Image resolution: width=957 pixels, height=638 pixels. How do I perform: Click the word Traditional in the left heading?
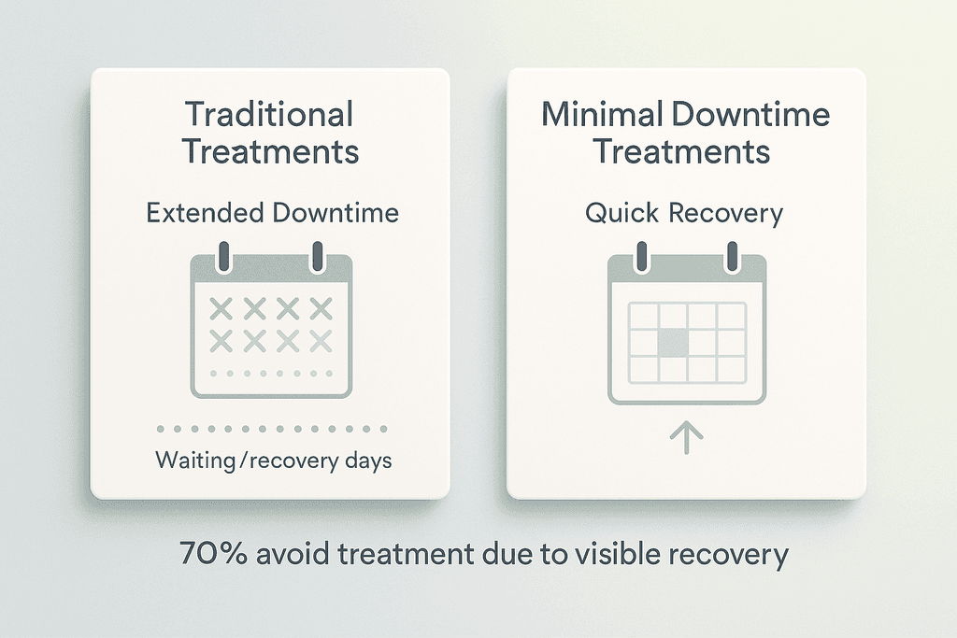[268, 114]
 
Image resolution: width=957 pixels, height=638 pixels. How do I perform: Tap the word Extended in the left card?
[205, 213]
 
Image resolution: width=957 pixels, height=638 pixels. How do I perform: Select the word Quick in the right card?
[621, 214]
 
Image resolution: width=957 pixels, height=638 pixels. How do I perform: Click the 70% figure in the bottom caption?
[214, 554]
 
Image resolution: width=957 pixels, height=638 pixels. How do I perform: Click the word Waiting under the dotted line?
[195, 460]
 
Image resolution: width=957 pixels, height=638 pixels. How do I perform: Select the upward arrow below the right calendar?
[687, 437]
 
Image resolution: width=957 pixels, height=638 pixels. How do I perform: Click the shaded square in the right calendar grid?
[673, 343]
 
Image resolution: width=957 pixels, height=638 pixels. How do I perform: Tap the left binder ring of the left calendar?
[223, 257]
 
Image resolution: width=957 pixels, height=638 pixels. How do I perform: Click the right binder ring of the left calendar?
[318, 257]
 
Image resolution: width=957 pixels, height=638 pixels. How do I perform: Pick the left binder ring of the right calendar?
[641, 257]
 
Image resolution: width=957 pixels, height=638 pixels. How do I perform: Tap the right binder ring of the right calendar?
[733, 257]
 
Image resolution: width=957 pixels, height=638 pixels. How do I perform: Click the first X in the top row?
[221, 308]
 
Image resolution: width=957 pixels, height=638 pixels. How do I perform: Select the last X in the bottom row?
[321, 341]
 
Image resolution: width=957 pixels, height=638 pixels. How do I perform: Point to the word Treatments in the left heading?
[271, 151]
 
